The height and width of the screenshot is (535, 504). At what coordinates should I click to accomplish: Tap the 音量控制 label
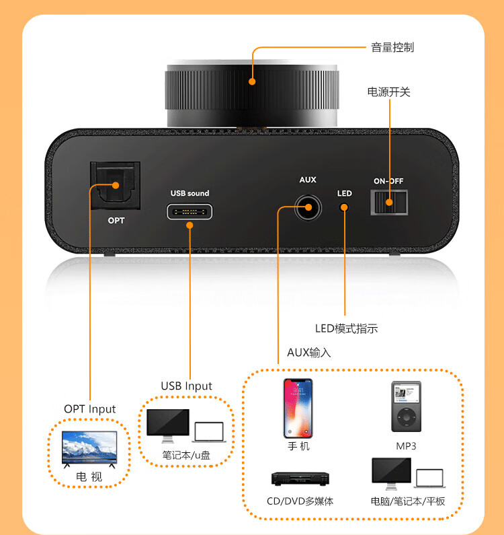pos(392,47)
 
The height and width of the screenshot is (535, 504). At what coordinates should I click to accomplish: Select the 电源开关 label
pos(388,92)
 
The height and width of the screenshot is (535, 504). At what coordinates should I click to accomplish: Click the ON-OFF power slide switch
pos(389,201)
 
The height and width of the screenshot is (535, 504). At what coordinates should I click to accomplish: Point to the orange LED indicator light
pos(344,207)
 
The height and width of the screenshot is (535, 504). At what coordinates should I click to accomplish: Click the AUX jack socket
pos(308,207)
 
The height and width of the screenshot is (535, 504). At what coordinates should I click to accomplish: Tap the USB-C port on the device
pos(190,212)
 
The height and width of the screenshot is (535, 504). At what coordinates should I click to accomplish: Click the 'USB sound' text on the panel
pos(190,193)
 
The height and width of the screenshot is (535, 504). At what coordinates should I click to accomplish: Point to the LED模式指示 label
pos(346,328)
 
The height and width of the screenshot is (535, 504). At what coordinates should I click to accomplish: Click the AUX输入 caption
pos(308,352)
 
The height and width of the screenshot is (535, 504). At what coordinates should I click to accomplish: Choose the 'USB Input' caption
pos(186,386)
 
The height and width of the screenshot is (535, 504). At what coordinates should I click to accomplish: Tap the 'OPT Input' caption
pos(89,408)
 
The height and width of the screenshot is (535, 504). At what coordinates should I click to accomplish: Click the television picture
pos(89,448)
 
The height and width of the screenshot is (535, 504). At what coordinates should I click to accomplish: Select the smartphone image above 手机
pos(298,408)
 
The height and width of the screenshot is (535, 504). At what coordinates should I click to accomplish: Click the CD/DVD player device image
pos(299,478)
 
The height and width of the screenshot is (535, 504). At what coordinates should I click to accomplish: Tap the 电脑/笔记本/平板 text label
pos(407,501)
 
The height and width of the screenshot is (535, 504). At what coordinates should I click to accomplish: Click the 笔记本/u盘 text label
pos(186,455)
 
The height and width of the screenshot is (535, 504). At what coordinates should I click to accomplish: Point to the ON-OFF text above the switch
pos(388,181)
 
